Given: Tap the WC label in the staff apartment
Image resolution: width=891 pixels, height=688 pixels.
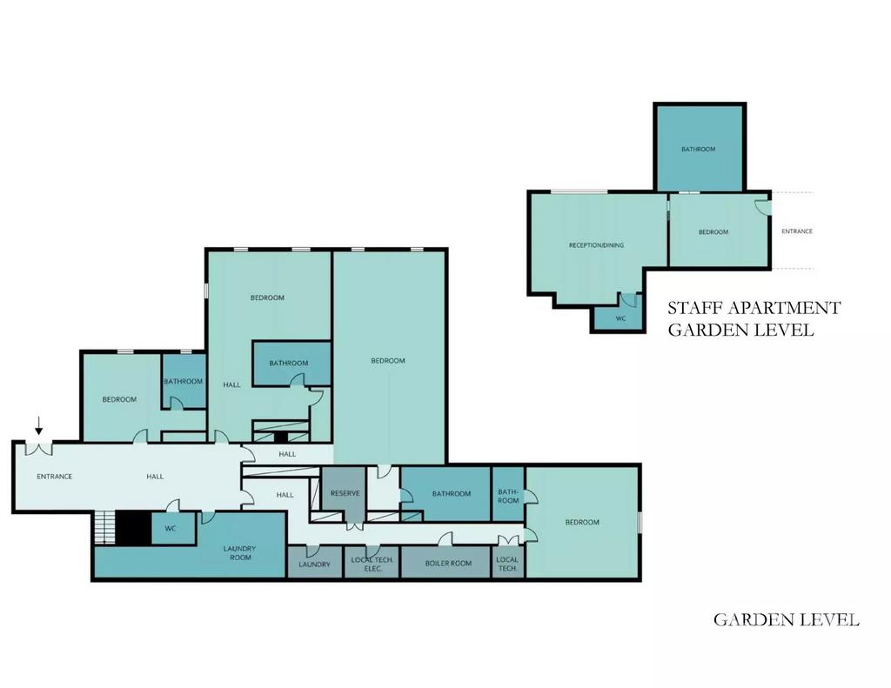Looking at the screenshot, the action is [620, 318].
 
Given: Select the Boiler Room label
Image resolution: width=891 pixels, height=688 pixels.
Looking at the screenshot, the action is [448, 564].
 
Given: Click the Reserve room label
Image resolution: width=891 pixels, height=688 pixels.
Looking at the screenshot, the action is [345, 493].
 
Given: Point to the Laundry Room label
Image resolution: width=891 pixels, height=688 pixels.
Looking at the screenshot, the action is [240, 553].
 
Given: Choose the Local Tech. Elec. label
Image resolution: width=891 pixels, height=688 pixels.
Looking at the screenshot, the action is [372, 564].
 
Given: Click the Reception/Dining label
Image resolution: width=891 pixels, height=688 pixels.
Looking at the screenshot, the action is [596, 245].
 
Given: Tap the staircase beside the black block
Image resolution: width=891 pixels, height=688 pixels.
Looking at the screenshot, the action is [104, 528].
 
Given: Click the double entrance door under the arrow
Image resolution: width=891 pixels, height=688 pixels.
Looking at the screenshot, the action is [38, 448].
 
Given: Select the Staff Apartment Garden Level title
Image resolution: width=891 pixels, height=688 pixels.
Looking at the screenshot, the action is [754, 318].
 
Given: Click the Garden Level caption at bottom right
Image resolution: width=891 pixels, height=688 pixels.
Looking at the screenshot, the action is [786, 619].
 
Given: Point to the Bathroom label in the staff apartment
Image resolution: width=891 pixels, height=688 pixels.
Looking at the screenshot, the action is [699, 150].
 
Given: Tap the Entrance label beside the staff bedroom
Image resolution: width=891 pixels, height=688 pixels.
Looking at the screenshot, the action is [797, 231].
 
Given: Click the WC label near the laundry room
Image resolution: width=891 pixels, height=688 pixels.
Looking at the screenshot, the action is [171, 528].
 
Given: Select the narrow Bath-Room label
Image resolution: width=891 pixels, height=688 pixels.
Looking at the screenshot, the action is [508, 496].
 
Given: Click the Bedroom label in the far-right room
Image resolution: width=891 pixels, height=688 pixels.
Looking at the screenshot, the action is [582, 522].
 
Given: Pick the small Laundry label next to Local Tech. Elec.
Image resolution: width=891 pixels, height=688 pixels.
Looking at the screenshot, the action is [314, 564].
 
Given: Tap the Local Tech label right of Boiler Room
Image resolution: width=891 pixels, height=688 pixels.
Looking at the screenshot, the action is [507, 564].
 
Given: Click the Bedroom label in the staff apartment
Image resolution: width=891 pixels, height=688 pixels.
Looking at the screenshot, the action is [713, 231].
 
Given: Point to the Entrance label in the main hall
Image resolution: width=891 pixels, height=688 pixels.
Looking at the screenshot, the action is [55, 477].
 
